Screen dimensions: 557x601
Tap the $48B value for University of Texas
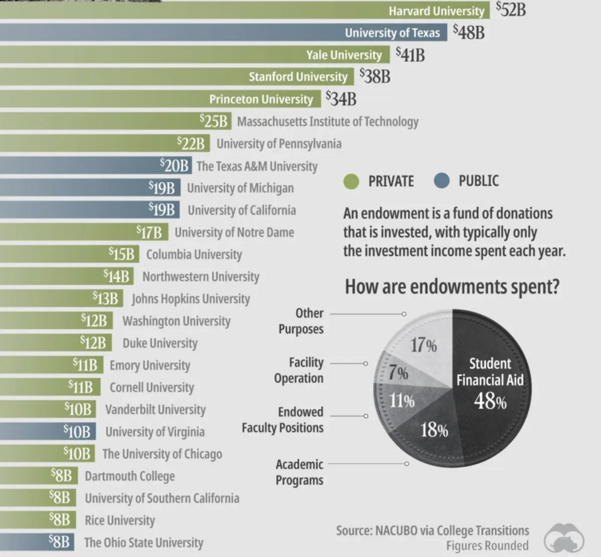(x=468, y=32)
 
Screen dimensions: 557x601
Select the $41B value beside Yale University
(x=410, y=55)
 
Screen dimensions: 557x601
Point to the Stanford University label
(x=298, y=77)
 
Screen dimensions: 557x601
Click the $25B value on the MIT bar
(x=214, y=121)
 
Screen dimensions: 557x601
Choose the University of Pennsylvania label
(x=279, y=143)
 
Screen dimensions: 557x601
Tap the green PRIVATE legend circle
(x=352, y=181)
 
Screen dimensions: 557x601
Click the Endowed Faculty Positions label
(x=282, y=420)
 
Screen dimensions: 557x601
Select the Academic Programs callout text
(x=299, y=472)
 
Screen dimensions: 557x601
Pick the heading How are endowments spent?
(x=452, y=288)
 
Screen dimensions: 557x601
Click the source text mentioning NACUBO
(x=432, y=530)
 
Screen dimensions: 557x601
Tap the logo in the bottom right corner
(x=564, y=537)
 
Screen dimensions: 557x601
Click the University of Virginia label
(x=155, y=432)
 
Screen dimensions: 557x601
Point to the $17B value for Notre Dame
(x=150, y=232)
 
